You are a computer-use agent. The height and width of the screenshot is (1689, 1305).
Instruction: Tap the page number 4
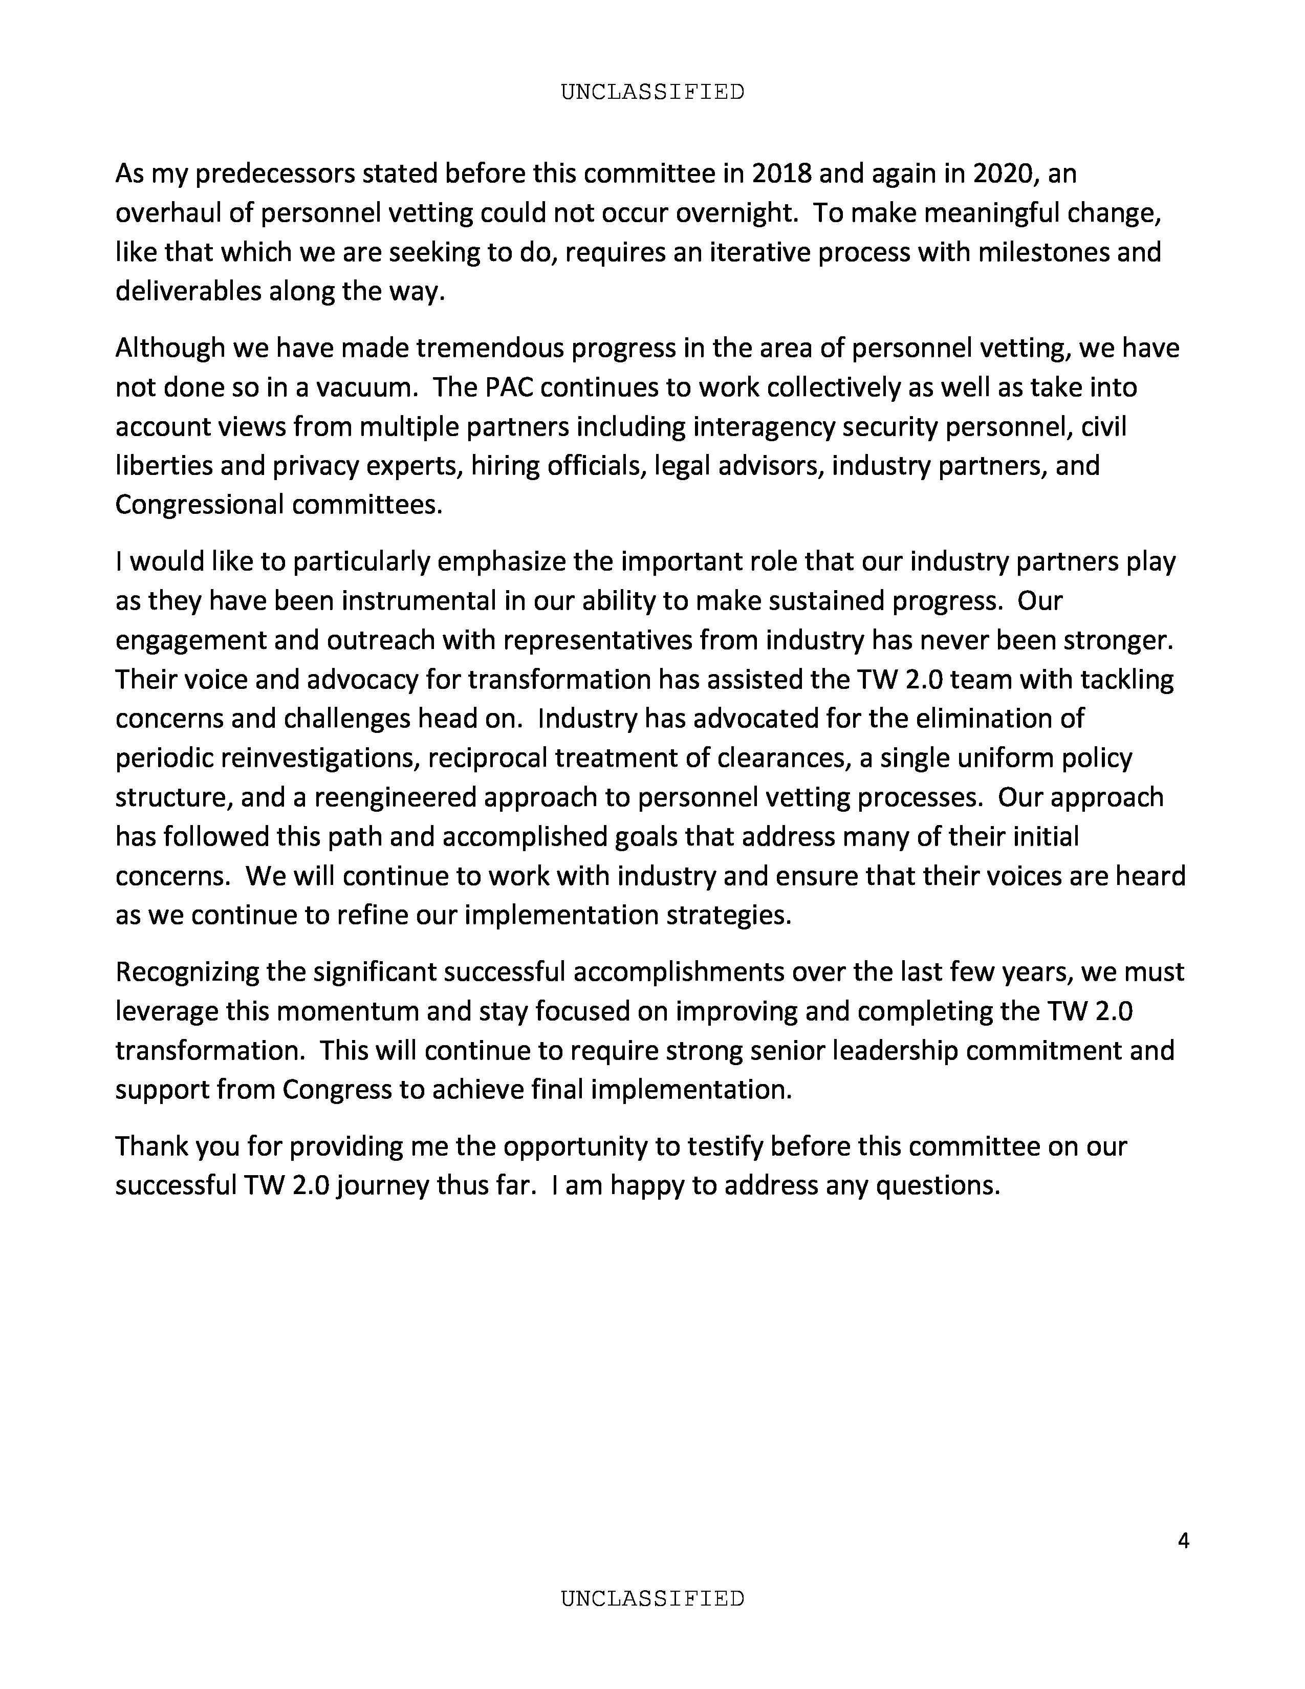coord(1183,1541)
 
